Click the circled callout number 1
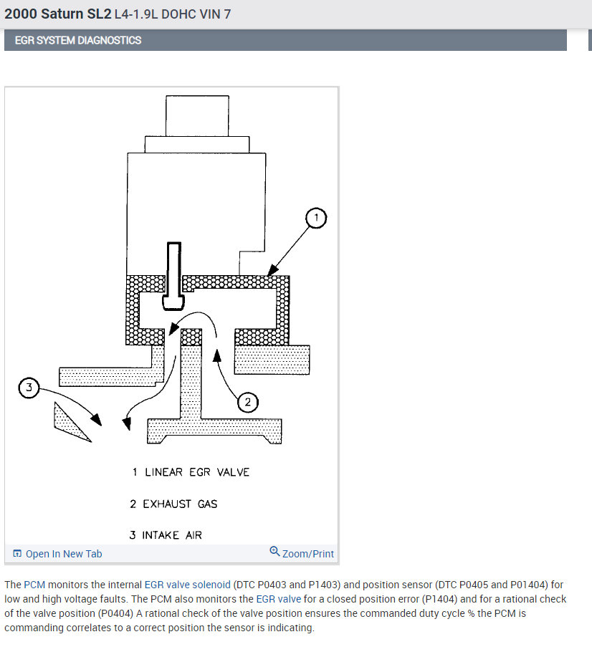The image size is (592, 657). (x=317, y=217)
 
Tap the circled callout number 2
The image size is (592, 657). (x=247, y=403)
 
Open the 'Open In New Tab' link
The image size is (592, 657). (x=63, y=554)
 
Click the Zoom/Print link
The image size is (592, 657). (x=307, y=554)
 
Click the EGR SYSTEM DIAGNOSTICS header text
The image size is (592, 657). (x=78, y=40)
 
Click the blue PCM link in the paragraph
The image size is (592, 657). (x=34, y=585)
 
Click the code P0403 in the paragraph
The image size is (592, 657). (x=277, y=585)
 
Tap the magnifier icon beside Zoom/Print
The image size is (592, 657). (x=274, y=552)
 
